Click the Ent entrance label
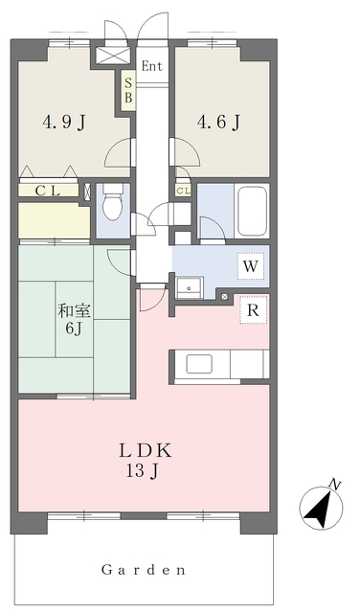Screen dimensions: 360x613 [x=151, y=66]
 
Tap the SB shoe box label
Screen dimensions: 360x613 [x=128, y=91]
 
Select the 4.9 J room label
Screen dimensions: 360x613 [x=64, y=123]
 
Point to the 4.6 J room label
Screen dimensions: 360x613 [x=218, y=123]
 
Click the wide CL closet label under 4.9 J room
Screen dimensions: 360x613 [x=48, y=191]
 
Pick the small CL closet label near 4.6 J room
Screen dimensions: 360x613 [x=183, y=191]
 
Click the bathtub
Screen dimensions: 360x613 [x=253, y=211]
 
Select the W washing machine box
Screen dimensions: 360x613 [x=251, y=266]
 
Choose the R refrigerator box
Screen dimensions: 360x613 [x=254, y=310]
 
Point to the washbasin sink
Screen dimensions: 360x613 [x=190, y=288]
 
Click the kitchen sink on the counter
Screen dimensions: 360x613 [x=199, y=364]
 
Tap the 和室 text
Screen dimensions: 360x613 [x=75, y=311]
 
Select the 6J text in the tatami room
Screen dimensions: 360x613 [x=74, y=329]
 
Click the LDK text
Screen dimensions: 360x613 [x=145, y=451]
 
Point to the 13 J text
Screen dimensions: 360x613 [x=142, y=471]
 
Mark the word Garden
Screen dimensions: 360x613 [x=143, y=570]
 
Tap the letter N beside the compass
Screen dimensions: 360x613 [x=335, y=485]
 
